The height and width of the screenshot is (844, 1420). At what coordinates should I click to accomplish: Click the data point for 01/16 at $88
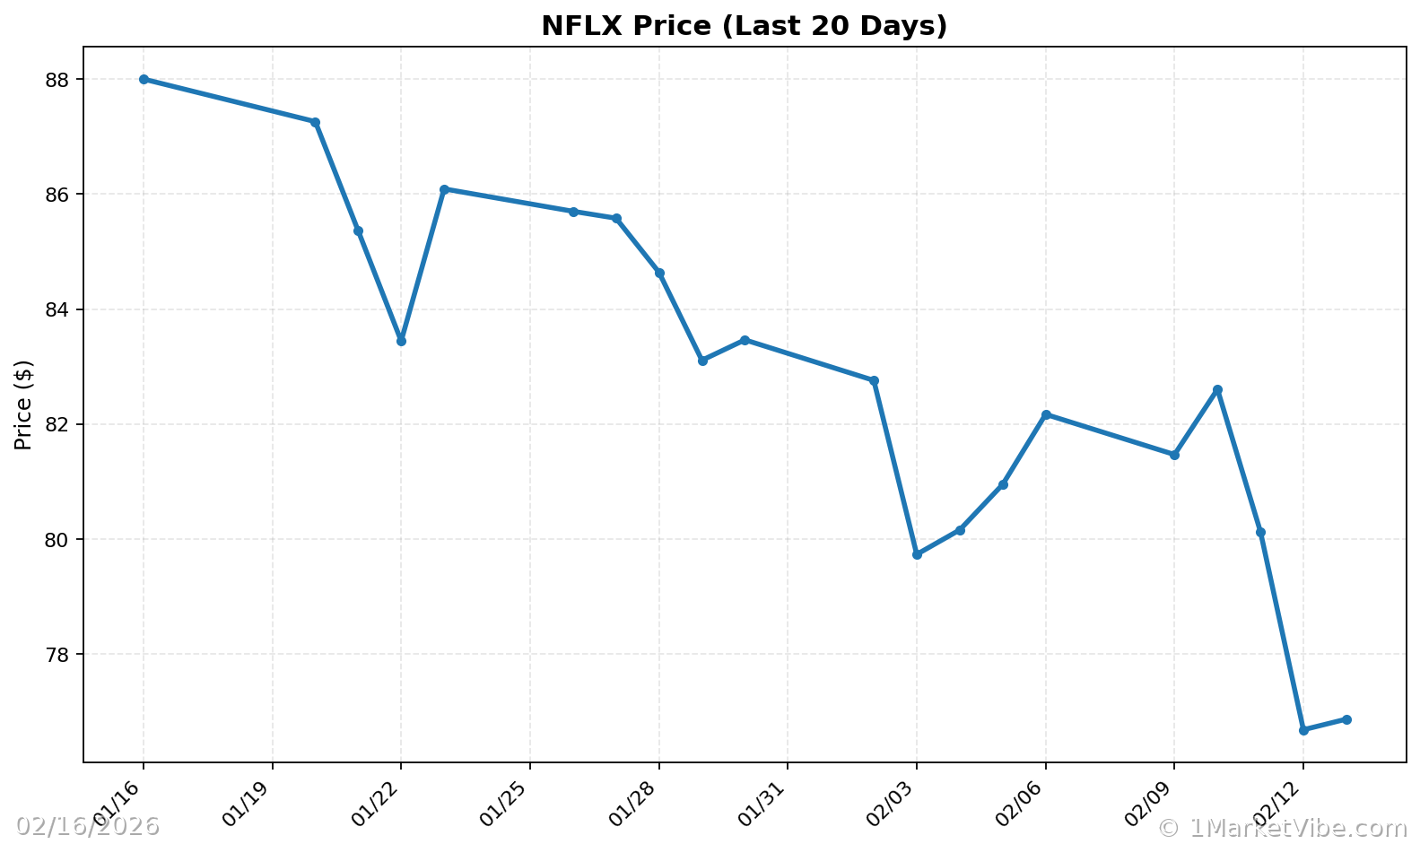coord(144,79)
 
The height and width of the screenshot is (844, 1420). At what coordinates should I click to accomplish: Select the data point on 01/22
coord(401,341)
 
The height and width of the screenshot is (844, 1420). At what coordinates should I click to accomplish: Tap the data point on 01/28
coord(659,273)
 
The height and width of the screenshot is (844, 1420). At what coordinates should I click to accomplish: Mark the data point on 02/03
coord(917,554)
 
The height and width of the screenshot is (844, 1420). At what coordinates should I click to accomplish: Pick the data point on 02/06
coord(1046,414)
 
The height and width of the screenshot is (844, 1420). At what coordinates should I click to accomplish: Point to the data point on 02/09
coord(1174,455)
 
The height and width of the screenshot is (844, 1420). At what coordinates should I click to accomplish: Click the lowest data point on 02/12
coord(1303,730)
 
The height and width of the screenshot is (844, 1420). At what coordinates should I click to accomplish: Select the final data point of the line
coord(1346,719)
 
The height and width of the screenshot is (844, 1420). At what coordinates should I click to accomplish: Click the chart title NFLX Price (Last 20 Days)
coord(744,26)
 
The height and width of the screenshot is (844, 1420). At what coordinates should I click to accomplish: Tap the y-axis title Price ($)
coord(23,405)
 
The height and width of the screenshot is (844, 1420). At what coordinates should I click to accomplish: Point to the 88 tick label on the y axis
coord(57,80)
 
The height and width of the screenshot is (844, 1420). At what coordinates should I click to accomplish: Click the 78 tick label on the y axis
coord(57,655)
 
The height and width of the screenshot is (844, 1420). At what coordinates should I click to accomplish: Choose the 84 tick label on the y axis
coord(57,309)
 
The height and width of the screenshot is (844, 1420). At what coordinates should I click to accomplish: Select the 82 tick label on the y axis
coord(57,424)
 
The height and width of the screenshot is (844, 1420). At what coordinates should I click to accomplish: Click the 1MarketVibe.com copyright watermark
coord(1283,827)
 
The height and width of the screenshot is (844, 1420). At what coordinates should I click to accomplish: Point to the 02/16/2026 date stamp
coord(88,826)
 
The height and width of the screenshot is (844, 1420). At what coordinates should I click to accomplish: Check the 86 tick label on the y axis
coord(57,195)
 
